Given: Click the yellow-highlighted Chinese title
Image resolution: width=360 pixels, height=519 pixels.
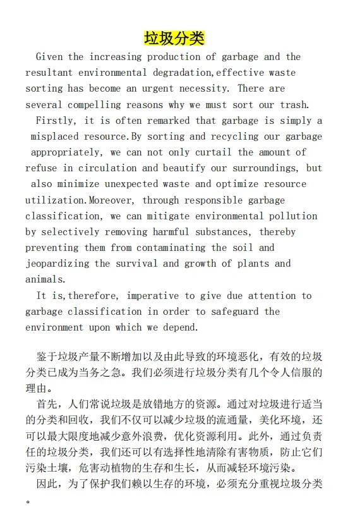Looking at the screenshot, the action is coord(174,38).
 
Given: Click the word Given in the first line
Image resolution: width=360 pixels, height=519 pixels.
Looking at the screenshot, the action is coord(49,57).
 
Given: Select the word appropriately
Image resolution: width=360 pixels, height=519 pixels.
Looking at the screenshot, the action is coord(66,152).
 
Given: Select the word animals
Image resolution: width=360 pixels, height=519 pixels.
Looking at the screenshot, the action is coord(45,279).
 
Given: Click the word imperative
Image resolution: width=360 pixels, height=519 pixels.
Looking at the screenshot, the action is coord(152,296).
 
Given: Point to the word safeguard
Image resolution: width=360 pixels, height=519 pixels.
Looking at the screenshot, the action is coord(235,312).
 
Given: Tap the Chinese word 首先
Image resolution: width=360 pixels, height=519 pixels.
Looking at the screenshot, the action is coord(47,403).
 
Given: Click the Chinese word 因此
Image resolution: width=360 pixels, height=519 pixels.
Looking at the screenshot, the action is coord(47,484).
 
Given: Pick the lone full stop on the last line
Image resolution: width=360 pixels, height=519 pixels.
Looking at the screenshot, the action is coord(28,501).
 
